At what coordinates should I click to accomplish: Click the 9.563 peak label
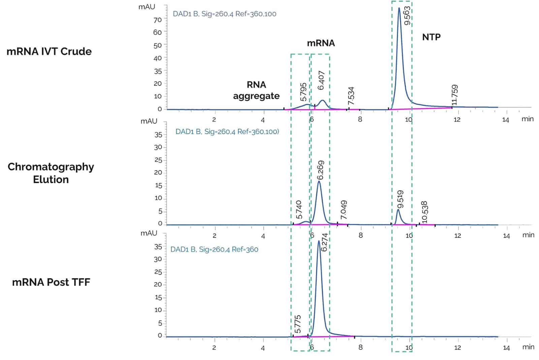[x=407, y=16]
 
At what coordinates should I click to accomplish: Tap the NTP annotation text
[x=431, y=37]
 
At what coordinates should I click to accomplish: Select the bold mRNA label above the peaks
[x=321, y=43]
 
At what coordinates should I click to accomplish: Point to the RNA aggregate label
[x=256, y=90]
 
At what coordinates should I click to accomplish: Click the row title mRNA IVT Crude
[x=49, y=52]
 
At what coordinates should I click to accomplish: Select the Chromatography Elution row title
[x=51, y=173]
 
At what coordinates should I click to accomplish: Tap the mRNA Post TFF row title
[x=51, y=282]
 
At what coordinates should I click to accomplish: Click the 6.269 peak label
[x=321, y=170]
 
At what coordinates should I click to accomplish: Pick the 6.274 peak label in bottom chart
[x=324, y=242]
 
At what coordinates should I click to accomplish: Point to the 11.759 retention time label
[x=454, y=95]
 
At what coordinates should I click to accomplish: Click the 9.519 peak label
[x=400, y=200]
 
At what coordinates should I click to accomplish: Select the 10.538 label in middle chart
[x=424, y=212]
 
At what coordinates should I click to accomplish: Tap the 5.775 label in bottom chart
[x=297, y=324]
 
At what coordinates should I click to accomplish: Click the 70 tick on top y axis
[x=157, y=20]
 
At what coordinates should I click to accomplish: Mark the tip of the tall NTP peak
[x=399, y=8]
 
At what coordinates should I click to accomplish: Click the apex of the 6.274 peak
[x=319, y=241]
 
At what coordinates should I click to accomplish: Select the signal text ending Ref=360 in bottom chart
[x=214, y=249]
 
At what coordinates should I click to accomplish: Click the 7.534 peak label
[x=351, y=96]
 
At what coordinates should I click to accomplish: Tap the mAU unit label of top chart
[x=147, y=7]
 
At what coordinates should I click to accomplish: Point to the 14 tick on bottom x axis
[x=506, y=348]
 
